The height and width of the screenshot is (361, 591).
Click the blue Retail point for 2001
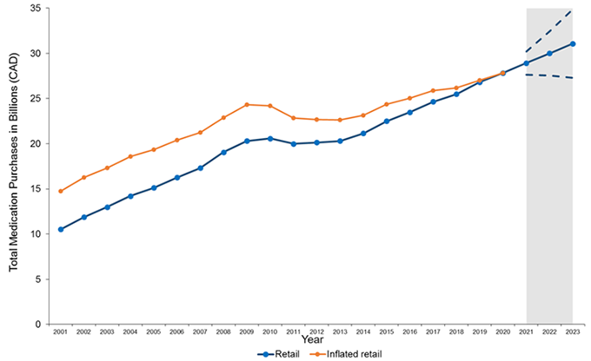click(60, 229)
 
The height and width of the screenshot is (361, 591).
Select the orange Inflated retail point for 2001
click(60, 191)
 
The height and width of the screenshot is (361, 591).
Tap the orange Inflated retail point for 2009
click(247, 105)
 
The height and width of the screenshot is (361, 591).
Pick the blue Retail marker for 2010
click(269, 138)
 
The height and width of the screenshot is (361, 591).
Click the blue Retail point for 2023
click(573, 43)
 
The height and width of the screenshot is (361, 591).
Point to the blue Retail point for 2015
click(387, 121)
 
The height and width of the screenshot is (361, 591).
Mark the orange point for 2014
click(363, 115)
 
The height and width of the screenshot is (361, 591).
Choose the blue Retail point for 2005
click(154, 187)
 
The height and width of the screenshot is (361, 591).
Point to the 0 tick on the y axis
click(43, 324)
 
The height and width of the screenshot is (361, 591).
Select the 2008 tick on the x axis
click(223, 331)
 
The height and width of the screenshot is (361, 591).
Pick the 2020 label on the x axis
click(503, 331)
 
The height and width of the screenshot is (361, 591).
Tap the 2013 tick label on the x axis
click(340, 331)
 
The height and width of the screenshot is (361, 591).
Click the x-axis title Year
click(315, 341)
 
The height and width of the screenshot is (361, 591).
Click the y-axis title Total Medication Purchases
click(15, 165)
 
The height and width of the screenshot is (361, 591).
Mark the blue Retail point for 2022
click(549, 53)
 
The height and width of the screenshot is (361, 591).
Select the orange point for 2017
click(433, 90)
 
